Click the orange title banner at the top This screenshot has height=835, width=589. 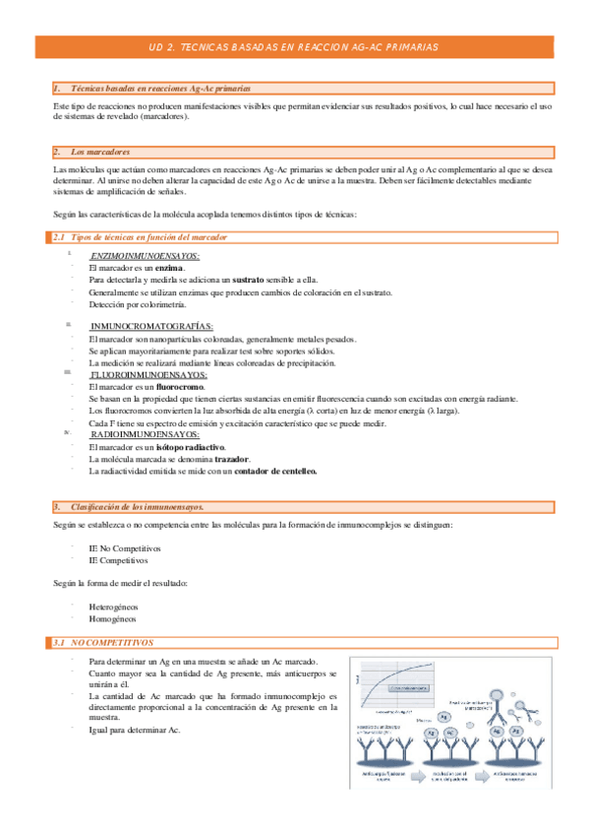[x=295, y=46]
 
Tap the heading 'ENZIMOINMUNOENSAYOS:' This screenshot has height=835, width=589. [x=145, y=256]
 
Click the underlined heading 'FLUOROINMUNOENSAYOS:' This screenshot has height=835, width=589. [x=148, y=375]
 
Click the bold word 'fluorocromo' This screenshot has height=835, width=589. [x=173, y=387]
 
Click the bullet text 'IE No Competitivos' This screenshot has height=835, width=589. [x=124, y=547]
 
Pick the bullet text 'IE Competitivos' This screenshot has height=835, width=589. [x=118, y=559]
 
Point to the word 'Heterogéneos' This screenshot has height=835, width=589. [x=113, y=608]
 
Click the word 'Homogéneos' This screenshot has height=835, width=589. [x=112, y=619]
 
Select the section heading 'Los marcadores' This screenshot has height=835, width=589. [x=101, y=152]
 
